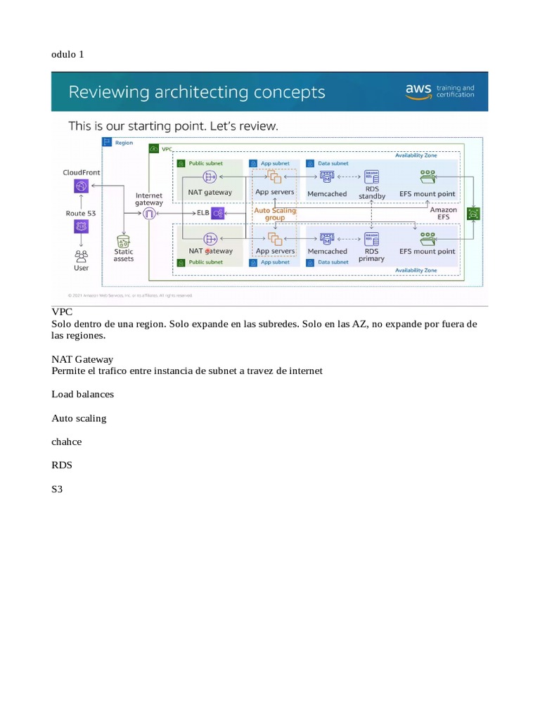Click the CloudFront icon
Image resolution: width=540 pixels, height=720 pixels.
click(x=82, y=186)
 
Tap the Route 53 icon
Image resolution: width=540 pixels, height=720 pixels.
click(x=82, y=226)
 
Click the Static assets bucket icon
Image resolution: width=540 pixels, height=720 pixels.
click(x=124, y=240)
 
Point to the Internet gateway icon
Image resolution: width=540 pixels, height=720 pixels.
click(x=148, y=214)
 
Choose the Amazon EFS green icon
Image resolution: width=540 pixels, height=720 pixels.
click(x=475, y=214)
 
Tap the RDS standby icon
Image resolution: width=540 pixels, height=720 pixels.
click(x=372, y=176)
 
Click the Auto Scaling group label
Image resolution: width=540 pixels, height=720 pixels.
click(x=274, y=214)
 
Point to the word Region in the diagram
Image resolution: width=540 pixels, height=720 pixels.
click(x=124, y=142)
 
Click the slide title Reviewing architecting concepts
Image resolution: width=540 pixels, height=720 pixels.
click(x=196, y=92)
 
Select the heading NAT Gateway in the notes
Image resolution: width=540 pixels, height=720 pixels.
click(x=82, y=359)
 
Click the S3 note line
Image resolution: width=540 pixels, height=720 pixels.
click(x=58, y=489)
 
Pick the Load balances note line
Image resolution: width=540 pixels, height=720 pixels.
click(x=82, y=394)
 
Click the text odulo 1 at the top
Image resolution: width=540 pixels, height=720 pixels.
click(x=67, y=54)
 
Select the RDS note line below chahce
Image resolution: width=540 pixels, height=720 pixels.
click(x=61, y=465)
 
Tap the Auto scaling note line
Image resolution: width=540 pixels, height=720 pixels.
click(x=79, y=418)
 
